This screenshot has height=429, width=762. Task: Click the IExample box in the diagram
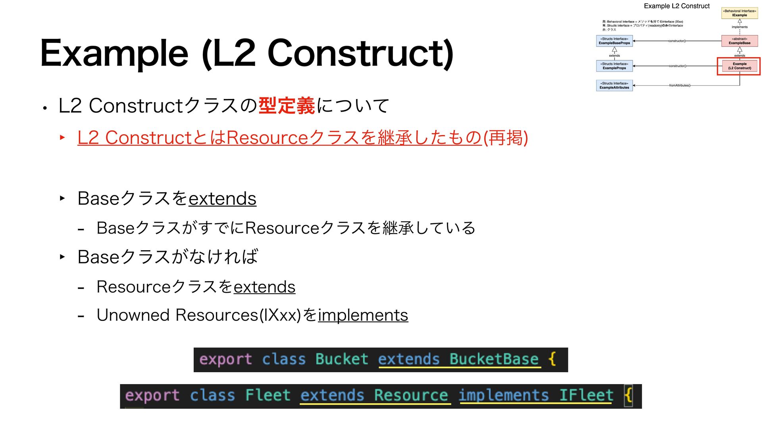pos(739,13)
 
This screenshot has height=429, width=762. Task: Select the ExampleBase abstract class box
pos(739,41)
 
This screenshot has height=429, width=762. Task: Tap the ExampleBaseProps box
pos(614,41)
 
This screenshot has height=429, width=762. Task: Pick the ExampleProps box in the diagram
pos(614,66)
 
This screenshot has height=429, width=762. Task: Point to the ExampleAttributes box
pos(614,85)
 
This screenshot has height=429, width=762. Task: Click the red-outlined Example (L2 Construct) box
pos(739,66)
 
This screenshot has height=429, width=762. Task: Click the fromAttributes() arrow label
pos(679,85)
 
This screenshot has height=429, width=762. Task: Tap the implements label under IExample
pos(739,27)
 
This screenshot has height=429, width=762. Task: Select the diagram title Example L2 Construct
pos(676,6)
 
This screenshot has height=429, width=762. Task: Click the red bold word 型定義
pos(287,106)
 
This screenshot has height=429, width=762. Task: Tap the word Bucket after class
pos(342,359)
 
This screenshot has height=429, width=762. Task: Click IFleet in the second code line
pos(586,396)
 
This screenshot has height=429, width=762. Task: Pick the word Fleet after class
pos(268,396)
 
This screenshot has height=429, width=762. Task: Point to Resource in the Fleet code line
pos(411,396)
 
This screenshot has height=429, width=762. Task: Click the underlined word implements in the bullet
pos(363,315)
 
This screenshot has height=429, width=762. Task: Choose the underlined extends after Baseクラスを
pos(222,199)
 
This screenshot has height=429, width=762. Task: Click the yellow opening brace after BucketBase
pos(552,359)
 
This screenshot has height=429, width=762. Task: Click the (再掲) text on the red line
pos(505,138)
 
